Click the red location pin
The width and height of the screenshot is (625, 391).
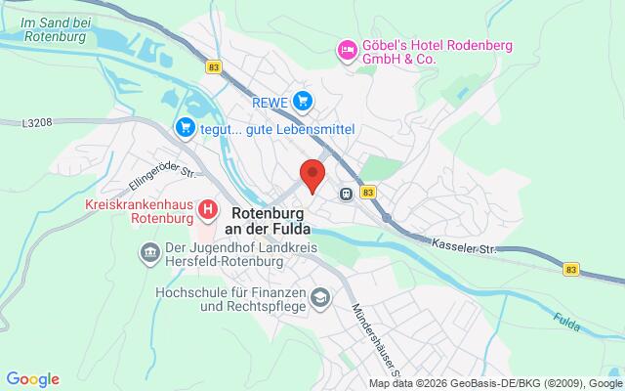[312, 173]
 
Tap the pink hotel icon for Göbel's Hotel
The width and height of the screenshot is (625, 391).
[345, 49]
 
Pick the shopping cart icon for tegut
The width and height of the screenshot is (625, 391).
[185, 128]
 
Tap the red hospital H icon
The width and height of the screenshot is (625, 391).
[207, 209]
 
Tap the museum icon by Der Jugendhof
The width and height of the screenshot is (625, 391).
[148, 256]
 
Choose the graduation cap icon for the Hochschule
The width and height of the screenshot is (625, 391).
[319, 295]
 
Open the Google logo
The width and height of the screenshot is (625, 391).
[32, 379]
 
